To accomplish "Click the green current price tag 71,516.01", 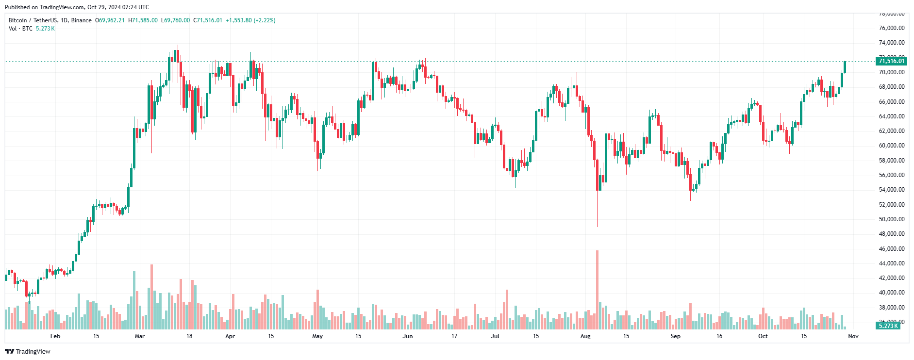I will point(892,61).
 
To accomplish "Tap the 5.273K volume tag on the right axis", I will point(888,326).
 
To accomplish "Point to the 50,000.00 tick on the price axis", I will point(892,219).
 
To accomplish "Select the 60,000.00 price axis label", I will point(892,146).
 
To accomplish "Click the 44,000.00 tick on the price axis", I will point(892,263).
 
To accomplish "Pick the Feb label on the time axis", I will point(55,336).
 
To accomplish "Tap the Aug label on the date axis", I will point(585,336).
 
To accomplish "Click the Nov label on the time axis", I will point(853,336).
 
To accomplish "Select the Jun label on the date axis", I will point(408,336).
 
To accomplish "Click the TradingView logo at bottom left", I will point(28,352).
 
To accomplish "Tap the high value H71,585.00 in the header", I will point(143,20).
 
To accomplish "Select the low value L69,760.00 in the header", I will point(176,20).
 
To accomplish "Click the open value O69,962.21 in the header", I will point(110,20).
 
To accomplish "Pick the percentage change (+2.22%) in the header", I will point(265,20).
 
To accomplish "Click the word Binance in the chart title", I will point(81,20).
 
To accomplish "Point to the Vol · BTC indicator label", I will point(20,29).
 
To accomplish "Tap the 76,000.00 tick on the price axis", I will point(892,28).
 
